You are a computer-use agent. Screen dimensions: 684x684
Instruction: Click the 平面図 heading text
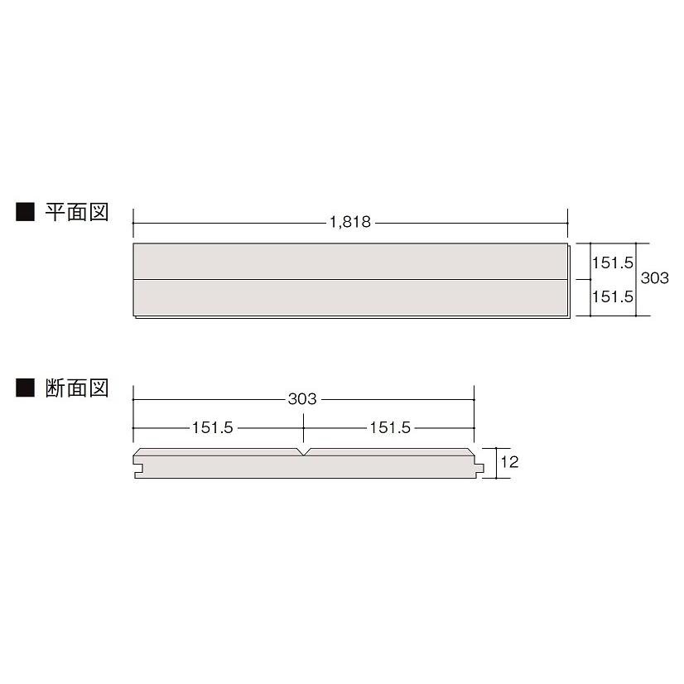tap(77, 212)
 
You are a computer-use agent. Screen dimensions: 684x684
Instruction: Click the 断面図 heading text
tap(77, 388)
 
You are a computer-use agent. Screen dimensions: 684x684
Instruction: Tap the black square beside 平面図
tap(25, 213)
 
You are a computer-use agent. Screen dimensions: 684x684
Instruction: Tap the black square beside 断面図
tap(25, 388)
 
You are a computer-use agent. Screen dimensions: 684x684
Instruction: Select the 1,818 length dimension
tap(349, 223)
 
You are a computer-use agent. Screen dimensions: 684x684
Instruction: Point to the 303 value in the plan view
tap(654, 279)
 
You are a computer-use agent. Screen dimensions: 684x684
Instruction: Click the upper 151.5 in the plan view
tap(613, 263)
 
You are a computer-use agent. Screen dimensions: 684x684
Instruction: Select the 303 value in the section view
tap(303, 399)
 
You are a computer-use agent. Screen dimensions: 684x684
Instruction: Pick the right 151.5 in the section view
tap(390, 428)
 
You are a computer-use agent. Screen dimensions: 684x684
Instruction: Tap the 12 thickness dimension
tap(509, 463)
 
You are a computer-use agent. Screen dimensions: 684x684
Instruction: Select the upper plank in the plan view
tap(349, 262)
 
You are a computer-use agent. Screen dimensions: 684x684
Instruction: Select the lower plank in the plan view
tap(349, 298)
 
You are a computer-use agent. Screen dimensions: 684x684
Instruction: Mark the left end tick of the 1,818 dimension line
tap(133, 223)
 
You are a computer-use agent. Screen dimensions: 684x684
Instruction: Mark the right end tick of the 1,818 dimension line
tap(568, 223)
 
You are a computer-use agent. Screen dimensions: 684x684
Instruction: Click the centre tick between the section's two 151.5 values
tap(304, 428)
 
